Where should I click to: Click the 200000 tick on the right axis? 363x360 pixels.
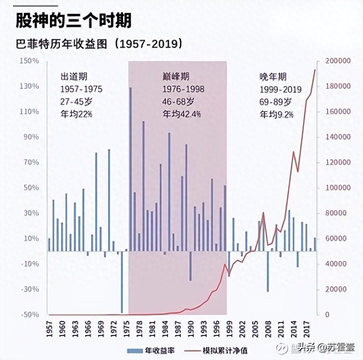[x=338, y=61]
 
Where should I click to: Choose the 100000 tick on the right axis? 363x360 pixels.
[x=338, y=188]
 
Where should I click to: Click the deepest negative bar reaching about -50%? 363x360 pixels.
[x=122, y=282]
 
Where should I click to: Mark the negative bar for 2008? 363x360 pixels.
[x=268, y=271]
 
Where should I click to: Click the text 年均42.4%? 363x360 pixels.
[x=182, y=114]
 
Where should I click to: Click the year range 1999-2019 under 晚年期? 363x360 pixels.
[x=280, y=90]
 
